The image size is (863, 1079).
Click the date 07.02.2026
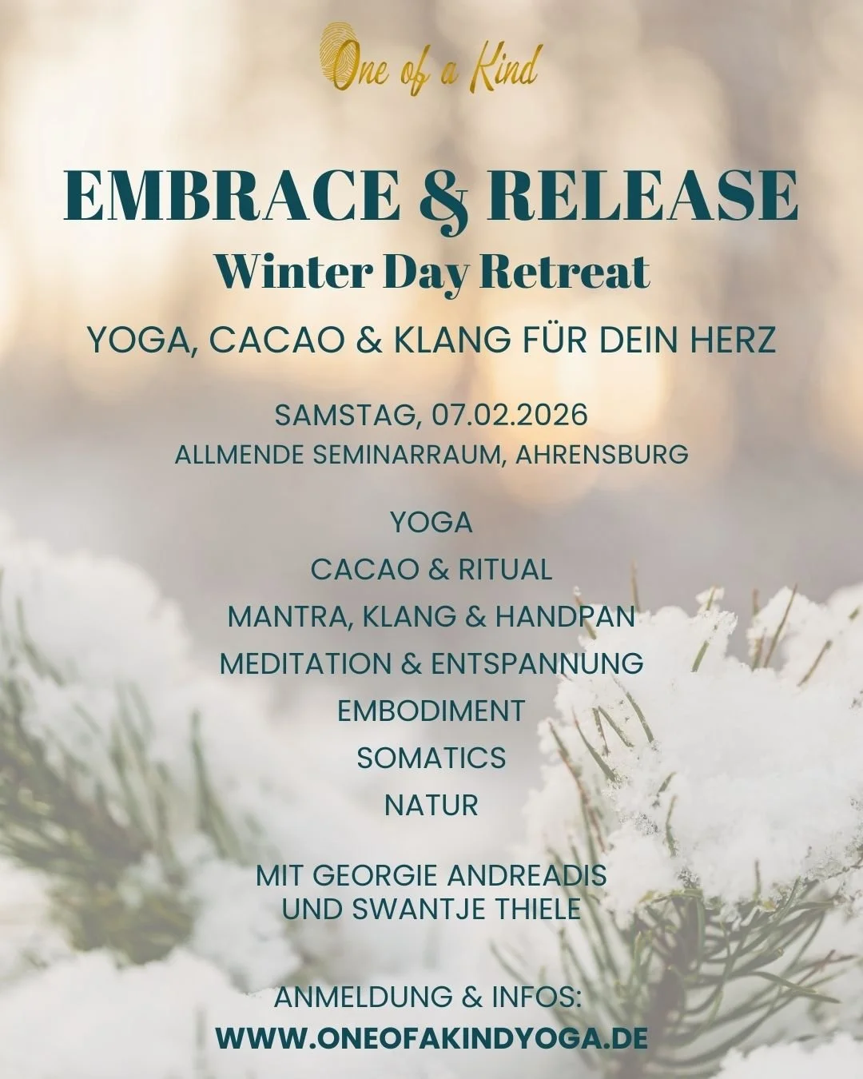(x=510, y=416)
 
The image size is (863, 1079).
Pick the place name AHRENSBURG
(x=602, y=455)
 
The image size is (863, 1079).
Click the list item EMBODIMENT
(x=431, y=711)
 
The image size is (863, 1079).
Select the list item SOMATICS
(x=431, y=758)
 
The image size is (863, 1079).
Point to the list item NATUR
(x=431, y=805)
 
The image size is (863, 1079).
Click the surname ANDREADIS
(x=527, y=875)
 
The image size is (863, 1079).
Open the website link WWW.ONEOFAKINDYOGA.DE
(x=431, y=1038)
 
